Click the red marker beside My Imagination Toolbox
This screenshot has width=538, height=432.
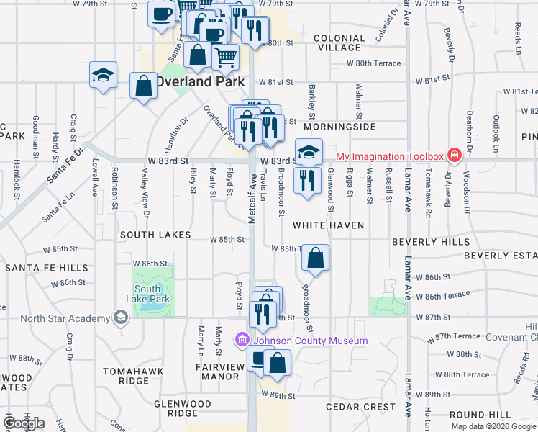coord(454,156)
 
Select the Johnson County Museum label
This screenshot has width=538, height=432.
coord(309,341)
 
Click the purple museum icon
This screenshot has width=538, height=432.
coord(242,339)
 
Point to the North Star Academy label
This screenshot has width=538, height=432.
coord(65,318)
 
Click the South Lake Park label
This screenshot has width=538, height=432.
coord(147,294)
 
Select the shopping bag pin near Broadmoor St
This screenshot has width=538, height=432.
coord(315,258)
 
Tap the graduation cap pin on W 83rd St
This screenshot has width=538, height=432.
coord(309,152)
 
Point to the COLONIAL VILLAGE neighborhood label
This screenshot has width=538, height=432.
coord(337,42)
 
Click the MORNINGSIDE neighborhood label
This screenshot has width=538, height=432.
coord(344,127)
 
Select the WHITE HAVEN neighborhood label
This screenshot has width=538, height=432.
coord(328,225)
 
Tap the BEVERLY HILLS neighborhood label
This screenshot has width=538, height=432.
coord(431,242)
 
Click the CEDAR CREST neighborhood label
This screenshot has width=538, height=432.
coord(360,407)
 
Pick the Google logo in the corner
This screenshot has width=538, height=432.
coord(24,423)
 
